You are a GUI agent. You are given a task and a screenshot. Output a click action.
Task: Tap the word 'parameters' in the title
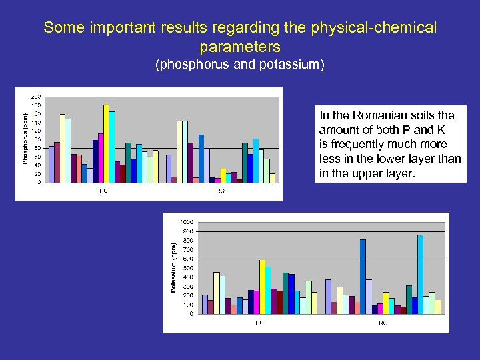click(x=240, y=47)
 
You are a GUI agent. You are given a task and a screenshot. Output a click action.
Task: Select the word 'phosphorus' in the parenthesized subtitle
click(x=193, y=65)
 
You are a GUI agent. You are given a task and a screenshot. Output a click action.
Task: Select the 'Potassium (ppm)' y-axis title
click(x=172, y=269)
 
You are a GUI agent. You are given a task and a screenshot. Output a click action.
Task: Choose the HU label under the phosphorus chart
click(x=103, y=191)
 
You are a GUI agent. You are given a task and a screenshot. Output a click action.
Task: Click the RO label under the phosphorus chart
click(x=220, y=191)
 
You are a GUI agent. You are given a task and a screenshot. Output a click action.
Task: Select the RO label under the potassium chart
click(x=383, y=323)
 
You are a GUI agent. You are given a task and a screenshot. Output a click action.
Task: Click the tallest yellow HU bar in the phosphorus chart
click(x=106, y=143)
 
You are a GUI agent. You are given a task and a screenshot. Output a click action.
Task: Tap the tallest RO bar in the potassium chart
click(x=420, y=273)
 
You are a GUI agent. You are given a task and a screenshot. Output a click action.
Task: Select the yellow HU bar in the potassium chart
click(x=263, y=287)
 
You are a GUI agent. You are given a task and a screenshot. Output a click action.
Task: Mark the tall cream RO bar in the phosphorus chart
click(x=179, y=151)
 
